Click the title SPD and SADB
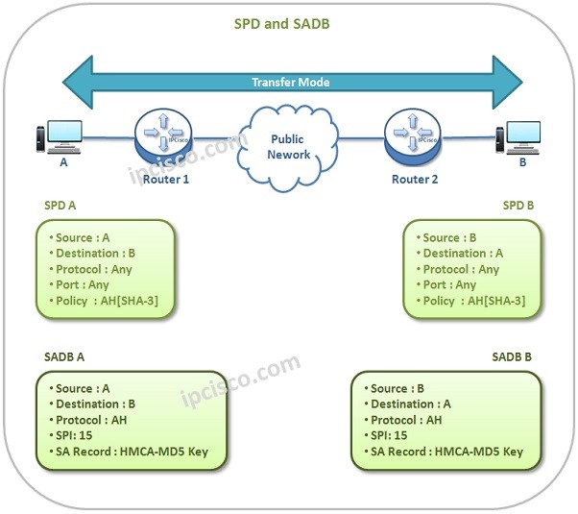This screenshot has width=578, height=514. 282,22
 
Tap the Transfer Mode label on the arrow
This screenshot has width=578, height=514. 290,82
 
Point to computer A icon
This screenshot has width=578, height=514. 60,137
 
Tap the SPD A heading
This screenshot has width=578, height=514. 61,207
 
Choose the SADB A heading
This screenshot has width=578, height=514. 65,355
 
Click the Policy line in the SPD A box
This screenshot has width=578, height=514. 106,301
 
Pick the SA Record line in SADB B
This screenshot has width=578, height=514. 446,452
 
